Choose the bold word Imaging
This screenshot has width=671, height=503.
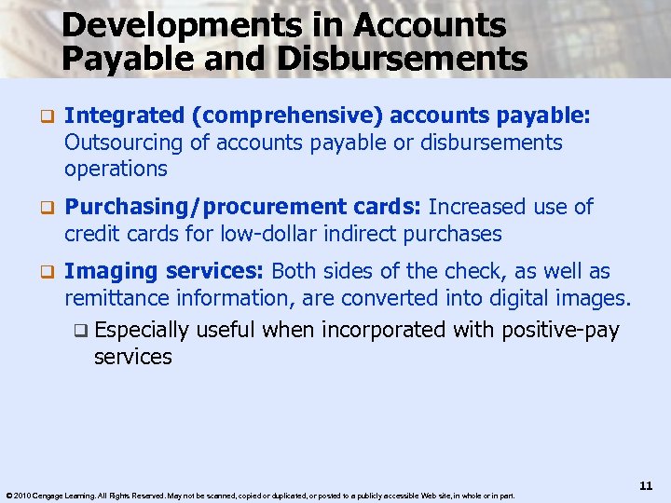pos(111,272)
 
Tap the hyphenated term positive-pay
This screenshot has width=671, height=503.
pos(561,331)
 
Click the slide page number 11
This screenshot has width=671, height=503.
pos(647,485)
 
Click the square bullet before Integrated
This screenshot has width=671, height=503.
pos(44,116)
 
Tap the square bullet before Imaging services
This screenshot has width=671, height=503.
pos(44,272)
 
